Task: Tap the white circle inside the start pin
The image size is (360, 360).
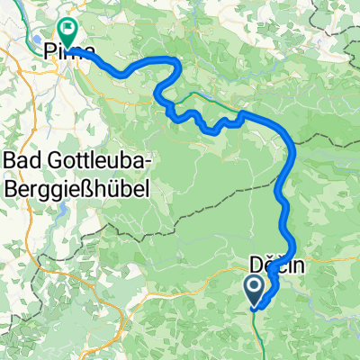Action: click(x=255, y=287)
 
